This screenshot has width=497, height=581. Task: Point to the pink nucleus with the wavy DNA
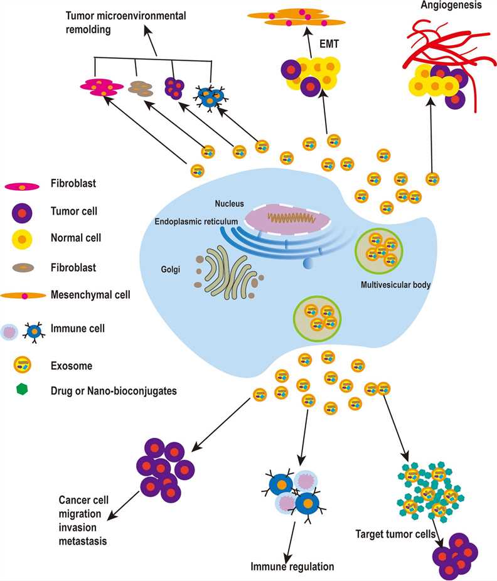(286, 218)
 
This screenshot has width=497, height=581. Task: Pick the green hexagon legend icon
(23, 390)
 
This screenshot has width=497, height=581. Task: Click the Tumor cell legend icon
(23, 212)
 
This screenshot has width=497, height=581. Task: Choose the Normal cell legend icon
(23, 239)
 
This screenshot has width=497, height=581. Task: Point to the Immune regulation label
(294, 567)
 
